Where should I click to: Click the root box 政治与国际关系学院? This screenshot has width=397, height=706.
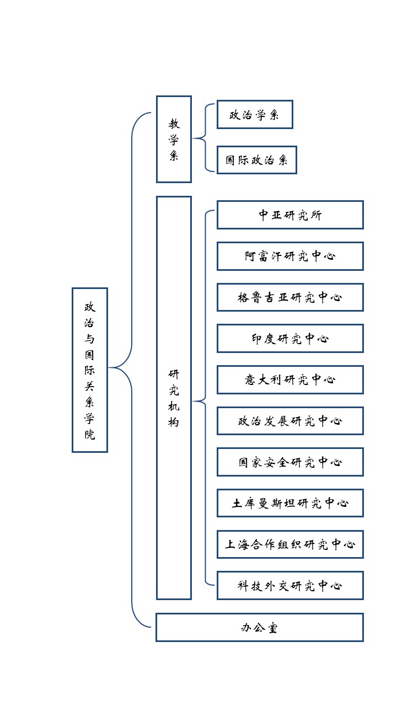coord(89,370)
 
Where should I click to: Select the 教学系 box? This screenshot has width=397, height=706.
coord(174,139)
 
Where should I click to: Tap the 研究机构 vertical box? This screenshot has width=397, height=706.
coord(174,397)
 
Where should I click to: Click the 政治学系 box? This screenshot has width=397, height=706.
coord(254,115)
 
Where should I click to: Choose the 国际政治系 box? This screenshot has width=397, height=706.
coord(256,160)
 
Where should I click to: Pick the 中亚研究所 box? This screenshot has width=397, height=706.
coord(290,215)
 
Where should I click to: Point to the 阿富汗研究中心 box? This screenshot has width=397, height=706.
coord(290,256)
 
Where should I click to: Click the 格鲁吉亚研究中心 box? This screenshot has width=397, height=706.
coord(290,297)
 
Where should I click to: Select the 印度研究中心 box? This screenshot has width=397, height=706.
coord(290,338)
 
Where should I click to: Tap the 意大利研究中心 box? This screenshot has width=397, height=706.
coord(290,379)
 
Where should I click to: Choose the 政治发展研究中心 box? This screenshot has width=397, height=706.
coord(290,421)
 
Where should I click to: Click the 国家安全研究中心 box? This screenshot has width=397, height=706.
coord(290,462)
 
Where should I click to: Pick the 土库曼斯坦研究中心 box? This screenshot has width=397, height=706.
coord(290,503)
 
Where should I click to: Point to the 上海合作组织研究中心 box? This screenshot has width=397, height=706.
coord(290,544)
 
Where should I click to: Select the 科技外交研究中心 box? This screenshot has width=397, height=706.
coord(290,585)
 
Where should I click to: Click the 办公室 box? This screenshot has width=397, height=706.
coord(259,627)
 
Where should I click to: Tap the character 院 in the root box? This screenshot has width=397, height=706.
coord(89,434)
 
